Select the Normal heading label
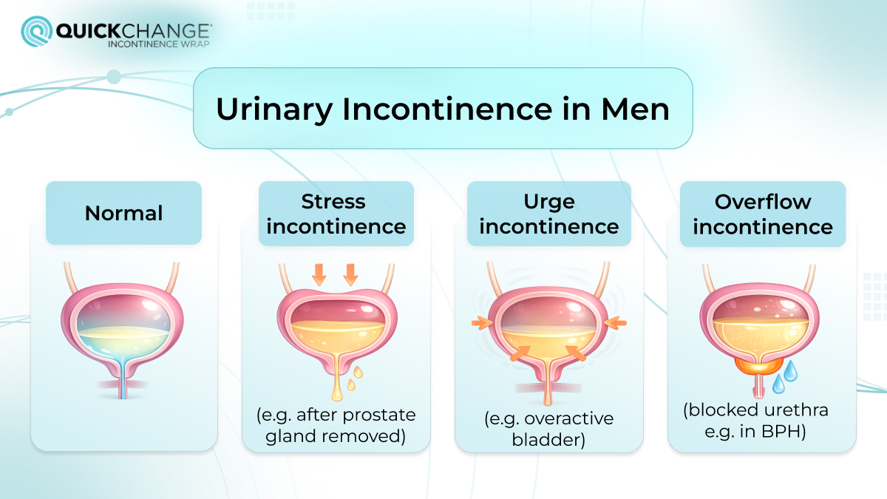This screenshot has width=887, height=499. (x=123, y=213)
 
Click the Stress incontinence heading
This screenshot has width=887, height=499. (x=336, y=214)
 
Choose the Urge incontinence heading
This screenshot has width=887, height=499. (x=548, y=214)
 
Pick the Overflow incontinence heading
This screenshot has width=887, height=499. (x=763, y=214)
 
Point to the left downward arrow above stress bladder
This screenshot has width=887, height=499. (x=319, y=274)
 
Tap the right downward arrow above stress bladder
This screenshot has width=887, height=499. (x=350, y=274)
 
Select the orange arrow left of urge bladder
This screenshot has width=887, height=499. (x=480, y=322)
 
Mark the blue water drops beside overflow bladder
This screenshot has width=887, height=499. (x=784, y=377)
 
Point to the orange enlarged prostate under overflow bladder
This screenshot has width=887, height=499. (x=755, y=364)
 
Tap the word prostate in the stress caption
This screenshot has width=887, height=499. (x=381, y=414)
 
